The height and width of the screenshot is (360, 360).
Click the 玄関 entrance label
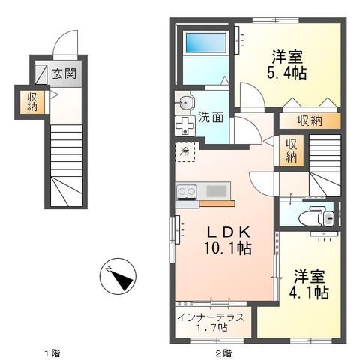[64, 73]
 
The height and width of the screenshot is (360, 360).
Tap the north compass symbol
[118, 276]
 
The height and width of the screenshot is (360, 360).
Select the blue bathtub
[206, 43]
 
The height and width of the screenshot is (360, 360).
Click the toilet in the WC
[316, 216]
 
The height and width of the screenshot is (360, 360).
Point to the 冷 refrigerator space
[184, 151]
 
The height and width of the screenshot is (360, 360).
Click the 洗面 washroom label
[211, 117]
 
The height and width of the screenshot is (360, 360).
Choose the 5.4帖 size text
[286, 73]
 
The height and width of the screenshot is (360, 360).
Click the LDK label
[228, 232]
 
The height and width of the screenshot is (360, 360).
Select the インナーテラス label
[211, 317]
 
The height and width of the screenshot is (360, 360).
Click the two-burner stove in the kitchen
[186, 192]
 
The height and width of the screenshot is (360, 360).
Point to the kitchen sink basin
[217, 191]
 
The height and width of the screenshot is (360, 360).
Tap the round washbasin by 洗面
[185, 102]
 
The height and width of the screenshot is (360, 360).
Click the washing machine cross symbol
[184, 126]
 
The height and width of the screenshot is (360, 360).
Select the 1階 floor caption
[52, 353]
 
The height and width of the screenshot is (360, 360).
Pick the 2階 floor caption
[223, 353]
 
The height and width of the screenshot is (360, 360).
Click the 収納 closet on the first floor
[32, 102]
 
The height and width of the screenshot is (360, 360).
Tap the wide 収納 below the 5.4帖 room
[310, 121]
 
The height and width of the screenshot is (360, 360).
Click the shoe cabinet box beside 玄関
[40, 74]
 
